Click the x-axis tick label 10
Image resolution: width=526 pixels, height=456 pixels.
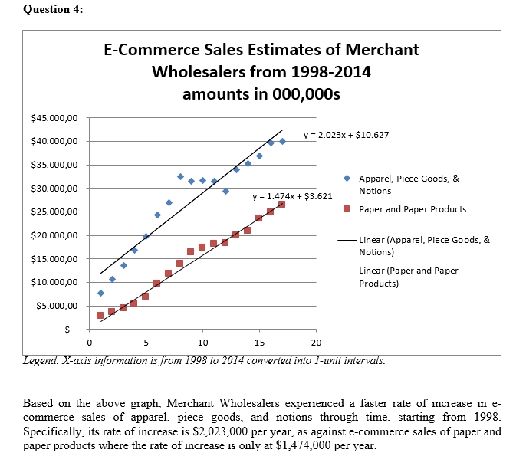202,342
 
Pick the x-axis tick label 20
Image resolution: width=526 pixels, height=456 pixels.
316,342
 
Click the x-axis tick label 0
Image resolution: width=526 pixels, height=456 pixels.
90,342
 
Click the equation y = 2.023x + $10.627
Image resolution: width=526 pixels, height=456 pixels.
346,136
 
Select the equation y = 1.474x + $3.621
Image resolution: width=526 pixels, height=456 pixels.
292,196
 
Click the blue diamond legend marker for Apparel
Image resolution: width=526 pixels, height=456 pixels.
347,178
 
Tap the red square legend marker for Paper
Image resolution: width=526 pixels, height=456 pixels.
347,208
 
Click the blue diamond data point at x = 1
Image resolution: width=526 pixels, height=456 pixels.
100,293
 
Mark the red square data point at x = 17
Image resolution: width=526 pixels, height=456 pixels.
281,204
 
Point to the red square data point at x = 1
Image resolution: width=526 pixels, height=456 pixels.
100,315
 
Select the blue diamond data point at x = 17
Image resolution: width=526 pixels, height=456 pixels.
282,141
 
